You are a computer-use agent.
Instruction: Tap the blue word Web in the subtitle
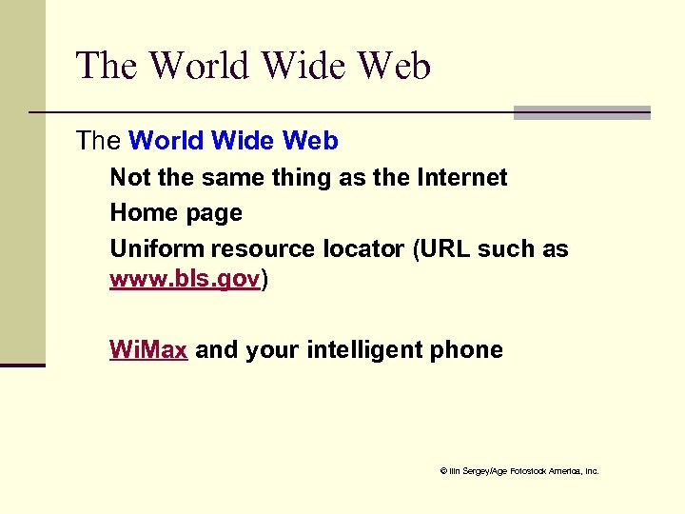[x=310, y=141]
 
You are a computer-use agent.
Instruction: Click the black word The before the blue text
[x=98, y=141]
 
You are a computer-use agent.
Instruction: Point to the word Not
[x=127, y=177]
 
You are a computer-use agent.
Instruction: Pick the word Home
[x=139, y=213]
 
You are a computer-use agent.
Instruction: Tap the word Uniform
[x=157, y=249]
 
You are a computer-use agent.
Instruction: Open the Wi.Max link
[x=148, y=349]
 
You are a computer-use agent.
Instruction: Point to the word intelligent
[x=366, y=349]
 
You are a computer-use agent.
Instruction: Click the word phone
[x=466, y=349]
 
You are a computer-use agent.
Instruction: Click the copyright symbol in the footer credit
[x=442, y=471]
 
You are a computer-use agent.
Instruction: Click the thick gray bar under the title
[x=581, y=112]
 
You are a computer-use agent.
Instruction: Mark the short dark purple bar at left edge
[x=23, y=365]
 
